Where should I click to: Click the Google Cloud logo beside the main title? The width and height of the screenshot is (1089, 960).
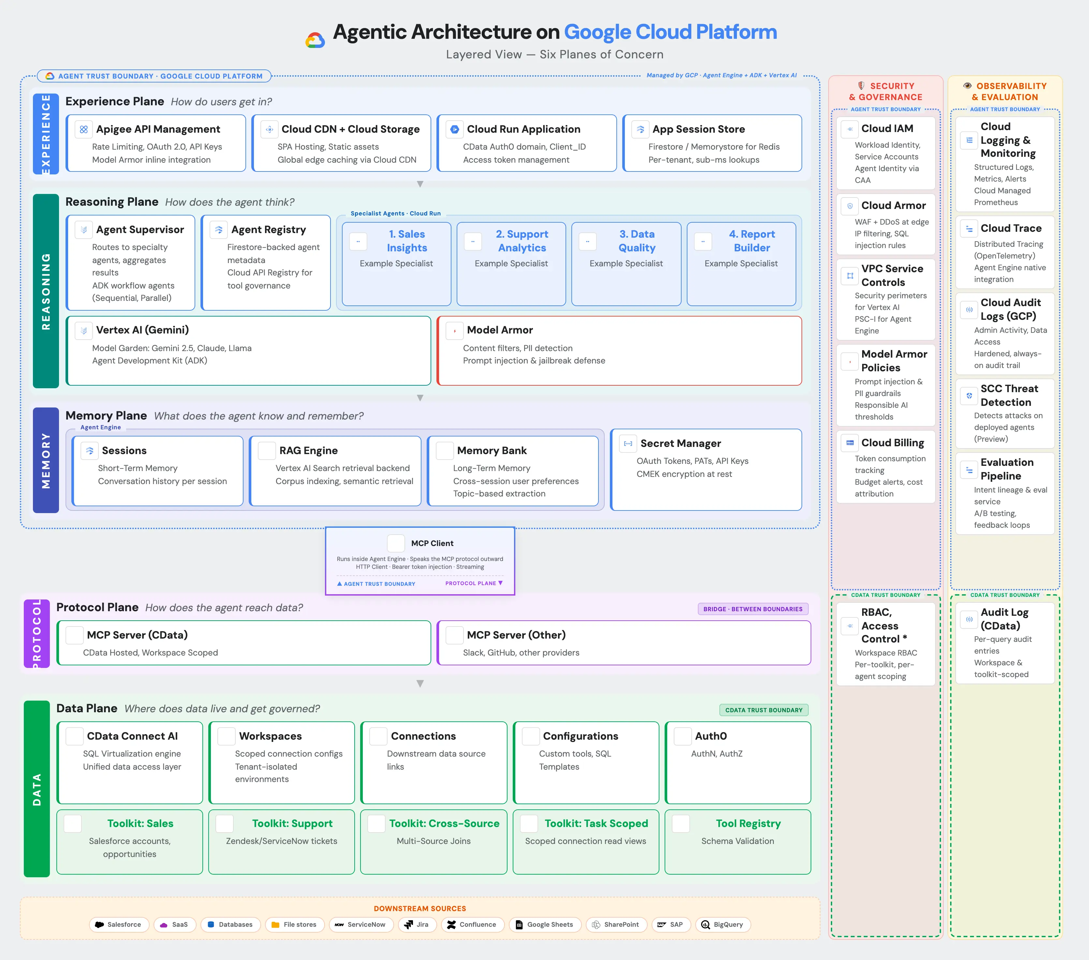coord(315,40)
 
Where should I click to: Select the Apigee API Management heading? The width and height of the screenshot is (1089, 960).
coord(158,129)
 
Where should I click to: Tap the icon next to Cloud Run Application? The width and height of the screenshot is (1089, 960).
coord(454,129)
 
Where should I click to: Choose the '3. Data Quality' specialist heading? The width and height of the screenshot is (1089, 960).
coord(637,241)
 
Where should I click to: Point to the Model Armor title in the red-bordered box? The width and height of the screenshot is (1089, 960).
coord(499,330)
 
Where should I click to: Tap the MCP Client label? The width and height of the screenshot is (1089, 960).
coord(432,543)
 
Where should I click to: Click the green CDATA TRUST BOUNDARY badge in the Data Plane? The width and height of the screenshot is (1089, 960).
coord(763,710)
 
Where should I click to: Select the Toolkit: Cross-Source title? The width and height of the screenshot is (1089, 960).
coord(444,823)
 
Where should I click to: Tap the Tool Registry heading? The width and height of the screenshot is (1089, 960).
coord(748,823)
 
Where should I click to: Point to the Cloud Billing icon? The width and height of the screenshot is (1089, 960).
coord(850,443)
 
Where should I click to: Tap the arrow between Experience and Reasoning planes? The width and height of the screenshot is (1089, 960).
coord(420,184)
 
